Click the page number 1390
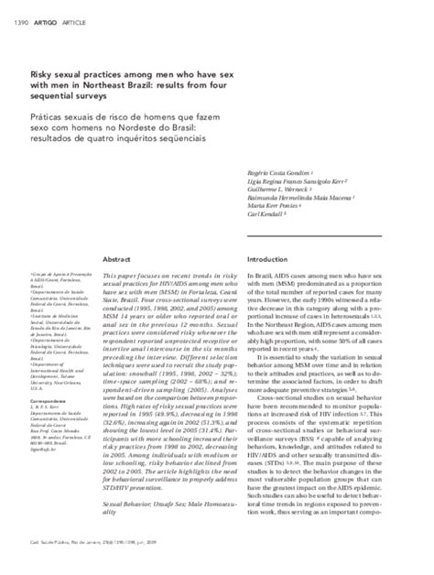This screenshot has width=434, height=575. coord(18,11)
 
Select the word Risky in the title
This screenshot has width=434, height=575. coord(116,68)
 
